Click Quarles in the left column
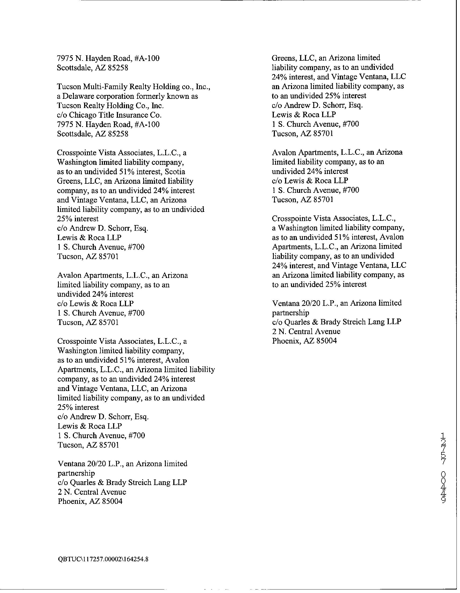[81, 482]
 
